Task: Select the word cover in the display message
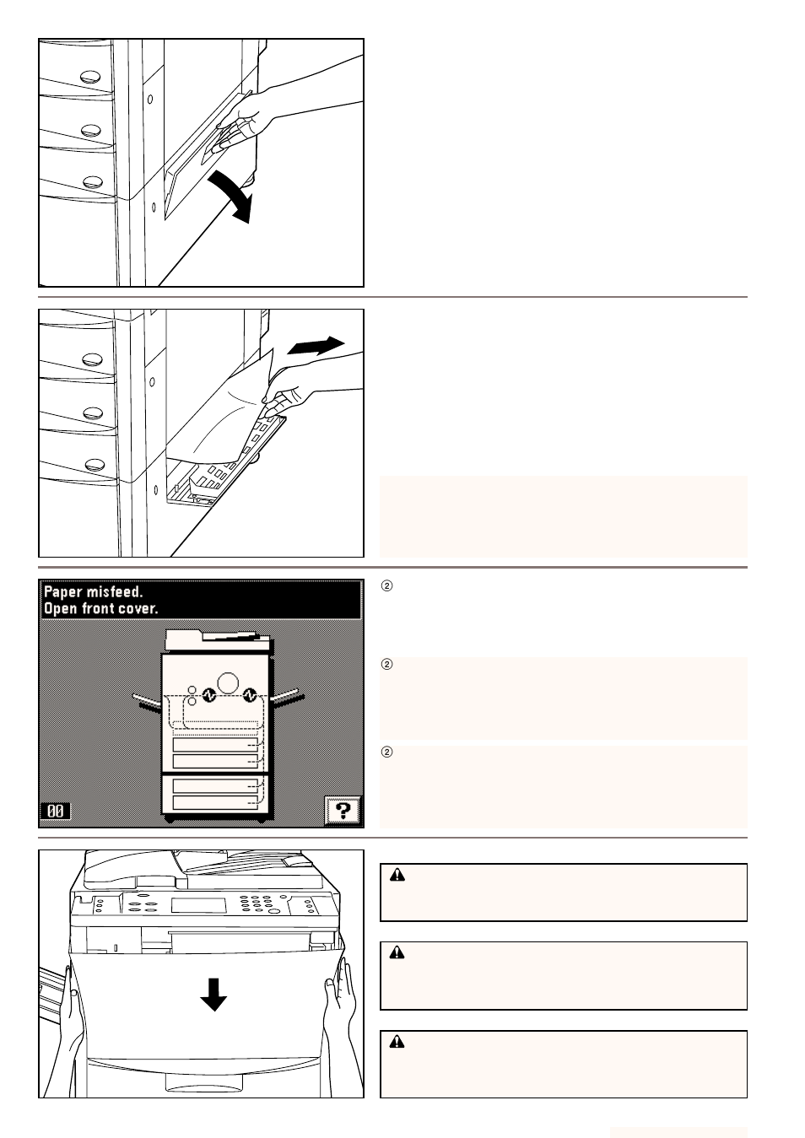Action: (x=139, y=608)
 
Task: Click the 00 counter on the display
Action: (x=56, y=811)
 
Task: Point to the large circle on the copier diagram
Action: (x=227, y=682)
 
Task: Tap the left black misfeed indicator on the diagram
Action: (x=209, y=696)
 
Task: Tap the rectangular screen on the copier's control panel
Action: (x=198, y=906)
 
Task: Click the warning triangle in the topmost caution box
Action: (x=398, y=876)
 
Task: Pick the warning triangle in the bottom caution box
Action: (x=398, y=1042)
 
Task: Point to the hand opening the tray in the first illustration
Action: (x=253, y=118)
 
